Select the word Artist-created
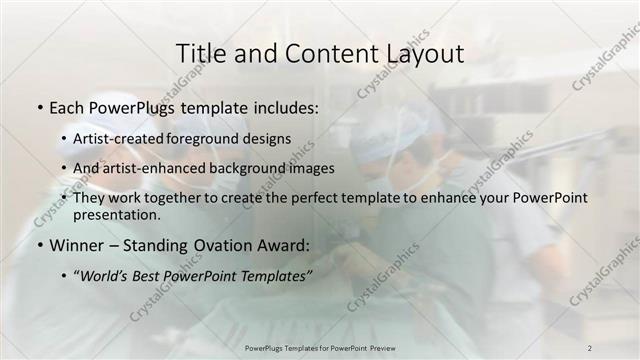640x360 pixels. pos(120,139)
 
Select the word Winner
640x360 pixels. pos(79,244)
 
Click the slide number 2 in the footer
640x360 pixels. pos(589,347)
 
